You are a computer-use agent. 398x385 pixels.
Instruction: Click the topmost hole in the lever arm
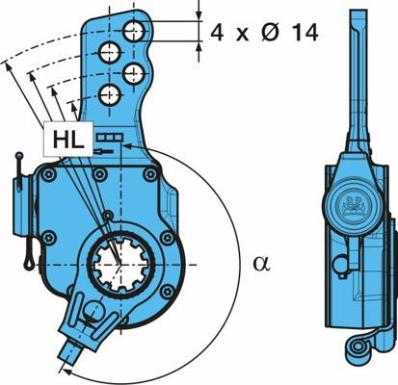coord(134,31)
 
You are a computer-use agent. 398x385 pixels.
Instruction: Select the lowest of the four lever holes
coord(110,95)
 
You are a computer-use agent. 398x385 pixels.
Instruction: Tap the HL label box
coord(68,140)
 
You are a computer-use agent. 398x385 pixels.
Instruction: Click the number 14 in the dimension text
coord(305,32)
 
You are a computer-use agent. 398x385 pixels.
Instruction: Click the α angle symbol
coord(262,263)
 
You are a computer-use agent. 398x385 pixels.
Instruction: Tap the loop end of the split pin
coord(29,262)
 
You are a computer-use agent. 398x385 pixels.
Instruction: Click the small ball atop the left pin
coord(19,156)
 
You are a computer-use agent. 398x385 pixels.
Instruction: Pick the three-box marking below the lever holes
coord(110,138)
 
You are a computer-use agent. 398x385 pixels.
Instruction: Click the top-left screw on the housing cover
coord(49,175)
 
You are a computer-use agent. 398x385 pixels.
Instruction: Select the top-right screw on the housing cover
coord(150,175)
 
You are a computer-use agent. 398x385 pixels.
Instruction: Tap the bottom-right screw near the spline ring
coord(167,292)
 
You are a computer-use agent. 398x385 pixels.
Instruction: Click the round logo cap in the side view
coord(354,207)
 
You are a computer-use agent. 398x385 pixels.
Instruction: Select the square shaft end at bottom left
coord(70,353)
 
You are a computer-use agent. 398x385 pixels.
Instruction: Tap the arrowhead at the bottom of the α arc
coord(67,372)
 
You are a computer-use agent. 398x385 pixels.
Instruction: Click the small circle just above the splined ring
coord(108,216)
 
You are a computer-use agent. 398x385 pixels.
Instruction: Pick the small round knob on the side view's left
coord(341,264)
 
